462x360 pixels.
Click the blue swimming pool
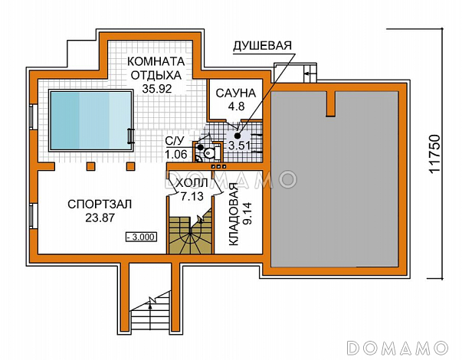pyautogui.click(x=90, y=120)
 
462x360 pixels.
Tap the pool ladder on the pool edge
pyautogui.click(x=130, y=136)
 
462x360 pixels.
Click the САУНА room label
pyautogui.click(x=236, y=93)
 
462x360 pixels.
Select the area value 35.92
pyautogui.click(x=157, y=88)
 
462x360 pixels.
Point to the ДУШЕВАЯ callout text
pyautogui.click(x=263, y=46)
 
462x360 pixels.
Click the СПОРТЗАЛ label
pyautogui.click(x=100, y=205)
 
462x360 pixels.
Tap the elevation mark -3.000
pyautogui.click(x=141, y=237)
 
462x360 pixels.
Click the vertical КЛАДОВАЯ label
pyautogui.click(x=234, y=214)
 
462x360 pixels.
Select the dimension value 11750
pyautogui.click(x=434, y=154)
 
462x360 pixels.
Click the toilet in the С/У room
pyautogui.click(x=209, y=152)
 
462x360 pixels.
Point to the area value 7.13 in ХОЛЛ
pyautogui.click(x=192, y=196)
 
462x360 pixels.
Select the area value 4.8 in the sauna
pyautogui.click(x=236, y=106)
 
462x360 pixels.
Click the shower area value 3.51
pyautogui.click(x=240, y=146)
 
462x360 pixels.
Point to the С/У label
pyautogui.click(x=175, y=141)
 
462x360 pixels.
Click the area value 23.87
pyautogui.click(x=100, y=218)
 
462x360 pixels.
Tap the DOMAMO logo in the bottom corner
pyautogui.click(x=398, y=348)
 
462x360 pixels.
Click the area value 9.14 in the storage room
pyautogui.click(x=247, y=214)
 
